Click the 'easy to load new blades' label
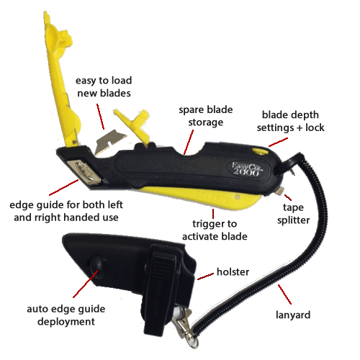pos(104,87)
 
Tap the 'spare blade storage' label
pos(206,116)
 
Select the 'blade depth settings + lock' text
pos(290,121)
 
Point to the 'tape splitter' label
pos(293,214)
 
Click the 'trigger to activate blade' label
pos(215,230)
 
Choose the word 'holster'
pos(233,272)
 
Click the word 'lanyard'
pos(293,315)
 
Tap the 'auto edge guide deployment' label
pos(66,315)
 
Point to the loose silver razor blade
pos(110,142)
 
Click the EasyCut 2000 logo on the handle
pos(247,168)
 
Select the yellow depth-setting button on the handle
pos(259,150)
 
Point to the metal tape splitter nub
pos(280,192)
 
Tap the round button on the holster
pos(98,267)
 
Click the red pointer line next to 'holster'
pos(205,276)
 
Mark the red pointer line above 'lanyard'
pos(284,294)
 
